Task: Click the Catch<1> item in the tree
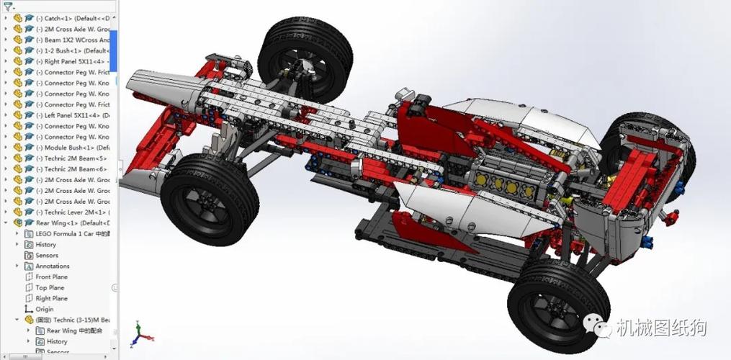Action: (x=72, y=18)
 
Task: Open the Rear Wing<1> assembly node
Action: (x=68, y=223)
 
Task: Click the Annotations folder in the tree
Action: (x=53, y=266)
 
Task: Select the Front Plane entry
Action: (x=51, y=277)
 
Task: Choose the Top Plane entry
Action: (x=50, y=288)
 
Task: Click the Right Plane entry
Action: (x=51, y=299)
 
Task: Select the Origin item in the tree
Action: (x=45, y=309)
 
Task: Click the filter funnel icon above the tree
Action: (x=7, y=6)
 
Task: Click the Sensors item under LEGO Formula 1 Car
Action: (x=47, y=256)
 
